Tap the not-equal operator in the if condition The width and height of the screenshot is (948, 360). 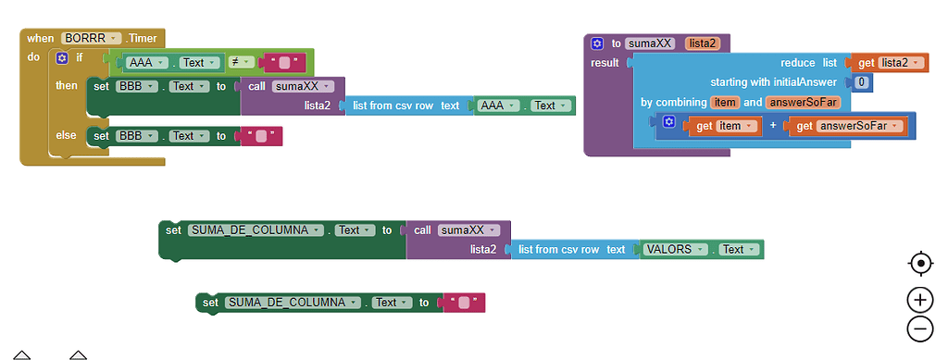237,63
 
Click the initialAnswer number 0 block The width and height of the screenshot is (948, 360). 861,82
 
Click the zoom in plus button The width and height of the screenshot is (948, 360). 919,299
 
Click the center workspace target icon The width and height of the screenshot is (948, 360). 919,264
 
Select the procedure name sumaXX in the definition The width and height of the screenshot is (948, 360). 649,43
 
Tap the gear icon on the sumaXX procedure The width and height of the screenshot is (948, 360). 597,43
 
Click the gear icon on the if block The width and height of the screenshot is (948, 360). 62,57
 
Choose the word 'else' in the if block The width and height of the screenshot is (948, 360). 67,135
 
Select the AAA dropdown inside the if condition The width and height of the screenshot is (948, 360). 146,63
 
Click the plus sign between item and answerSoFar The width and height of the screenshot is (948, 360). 773,126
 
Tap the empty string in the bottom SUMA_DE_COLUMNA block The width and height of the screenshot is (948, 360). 464,303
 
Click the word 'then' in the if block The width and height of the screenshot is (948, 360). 68,85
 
